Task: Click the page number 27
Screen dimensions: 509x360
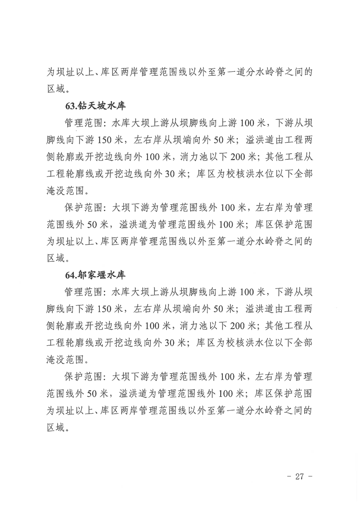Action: coord(298,476)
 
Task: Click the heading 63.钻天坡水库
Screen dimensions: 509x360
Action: coord(95,107)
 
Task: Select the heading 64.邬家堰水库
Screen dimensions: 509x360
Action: coord(95,275)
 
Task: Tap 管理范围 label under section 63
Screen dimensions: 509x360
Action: coord(79,123)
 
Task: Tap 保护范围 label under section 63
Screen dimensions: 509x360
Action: coord(79,208)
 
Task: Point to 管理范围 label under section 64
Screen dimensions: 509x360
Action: coord(79,292)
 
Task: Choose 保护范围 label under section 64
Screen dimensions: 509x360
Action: coord(79,376)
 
